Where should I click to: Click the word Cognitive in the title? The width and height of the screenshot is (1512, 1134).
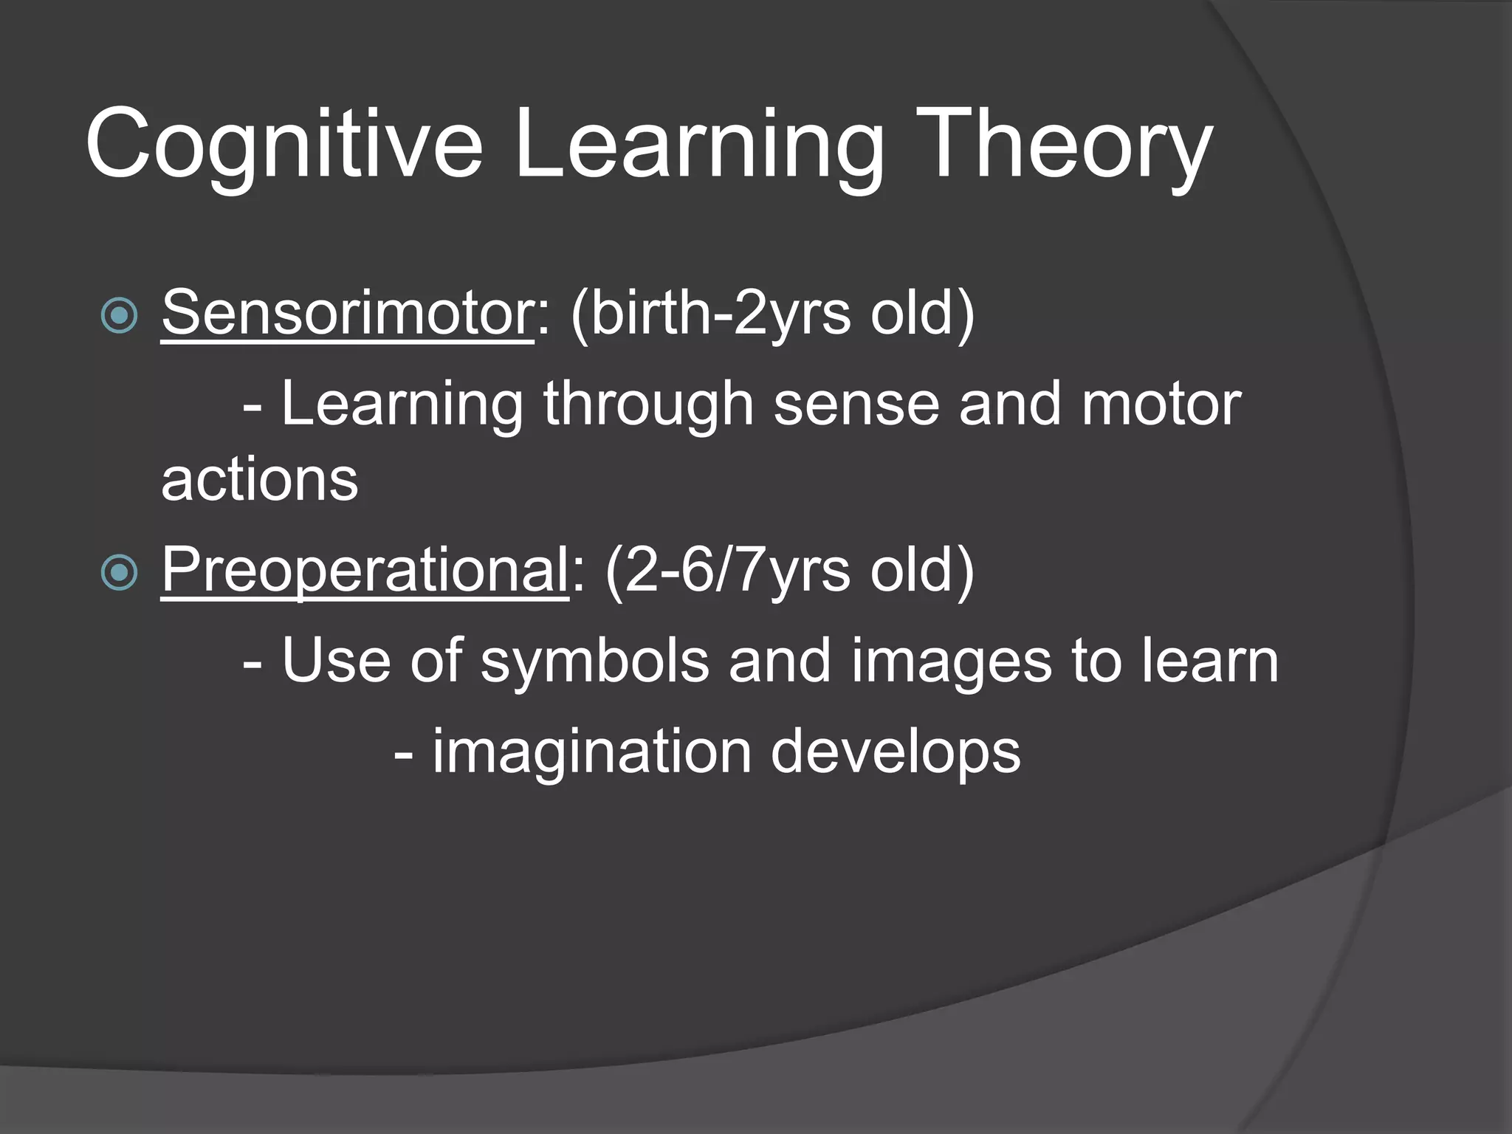click(x=283, y=144)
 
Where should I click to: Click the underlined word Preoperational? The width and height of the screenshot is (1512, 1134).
click(x=365, y=571)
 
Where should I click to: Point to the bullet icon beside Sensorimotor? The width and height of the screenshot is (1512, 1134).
click(x=119, y=316)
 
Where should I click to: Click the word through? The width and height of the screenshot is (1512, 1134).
click(x=648, y=405)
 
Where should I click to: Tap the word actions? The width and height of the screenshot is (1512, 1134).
click(x=260, y=480)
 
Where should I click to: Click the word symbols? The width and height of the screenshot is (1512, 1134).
click(x=595, y=661)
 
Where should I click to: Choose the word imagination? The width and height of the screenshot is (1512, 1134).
click(x=591, y=752)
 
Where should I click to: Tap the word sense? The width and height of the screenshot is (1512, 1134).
click(x=856, y=405)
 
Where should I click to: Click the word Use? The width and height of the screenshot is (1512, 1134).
click(x=336, y=661)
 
